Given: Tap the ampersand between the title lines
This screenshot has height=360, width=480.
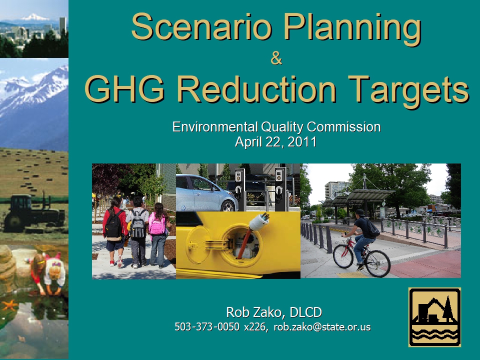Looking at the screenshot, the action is pos(276,58).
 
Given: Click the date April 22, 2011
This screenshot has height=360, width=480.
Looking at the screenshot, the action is pos(275,141).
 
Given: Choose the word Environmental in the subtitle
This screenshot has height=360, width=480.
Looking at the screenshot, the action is pos(214,126).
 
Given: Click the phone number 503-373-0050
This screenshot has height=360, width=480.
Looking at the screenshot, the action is pos(207,326).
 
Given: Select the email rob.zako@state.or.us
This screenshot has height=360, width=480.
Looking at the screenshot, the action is pos(322,326).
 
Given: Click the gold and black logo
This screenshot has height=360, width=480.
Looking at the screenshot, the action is pos(434,317).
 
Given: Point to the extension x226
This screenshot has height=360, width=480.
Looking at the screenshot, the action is pos(254,327).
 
